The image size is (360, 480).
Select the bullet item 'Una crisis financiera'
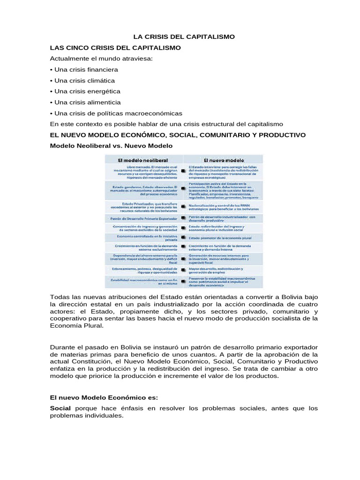point(84,69)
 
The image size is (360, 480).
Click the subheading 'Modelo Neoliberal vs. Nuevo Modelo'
point(111,146)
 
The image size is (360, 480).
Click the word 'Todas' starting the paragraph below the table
point(60,298)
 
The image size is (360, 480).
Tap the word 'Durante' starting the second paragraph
point(64,347)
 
